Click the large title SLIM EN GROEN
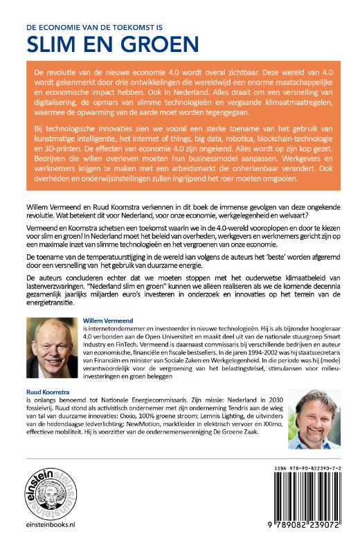coord(111,44)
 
